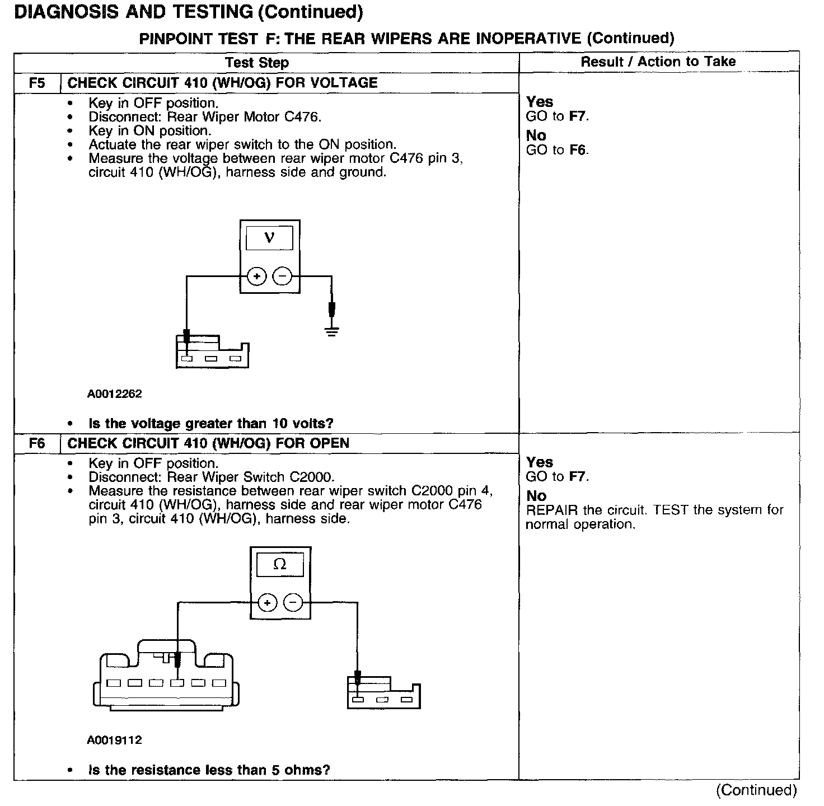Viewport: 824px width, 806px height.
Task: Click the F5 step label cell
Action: coord(36,83)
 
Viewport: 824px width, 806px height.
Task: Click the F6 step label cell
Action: coord(36,443)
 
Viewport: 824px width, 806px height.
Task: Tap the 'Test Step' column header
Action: coord(257,63)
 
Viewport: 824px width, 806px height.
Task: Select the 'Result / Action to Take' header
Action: coord(658,62)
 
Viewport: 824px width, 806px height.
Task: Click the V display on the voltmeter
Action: coord(269,238)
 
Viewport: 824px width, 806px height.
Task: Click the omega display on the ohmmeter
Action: coord(280,565)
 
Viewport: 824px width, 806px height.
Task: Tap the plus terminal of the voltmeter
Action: coord(256,277)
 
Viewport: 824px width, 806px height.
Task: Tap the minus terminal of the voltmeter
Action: coord(282,277)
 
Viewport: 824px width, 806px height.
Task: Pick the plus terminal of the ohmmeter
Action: coord(268,603)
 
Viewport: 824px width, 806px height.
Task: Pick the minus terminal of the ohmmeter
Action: coord(293,603)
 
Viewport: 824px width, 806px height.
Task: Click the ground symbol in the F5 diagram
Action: coord(332,331)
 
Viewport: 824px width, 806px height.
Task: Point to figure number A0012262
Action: coord(114,394)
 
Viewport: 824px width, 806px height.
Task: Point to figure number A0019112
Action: coord(114,740)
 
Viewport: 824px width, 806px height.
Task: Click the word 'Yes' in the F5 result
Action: coord(540,102)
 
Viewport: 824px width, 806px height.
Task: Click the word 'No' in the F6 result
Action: coord(536,496)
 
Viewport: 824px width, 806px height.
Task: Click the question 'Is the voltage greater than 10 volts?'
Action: coord(211,424)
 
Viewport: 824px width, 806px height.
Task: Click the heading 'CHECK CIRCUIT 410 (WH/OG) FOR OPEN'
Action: coord(208,443)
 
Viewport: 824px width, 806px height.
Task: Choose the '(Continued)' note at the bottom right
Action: coord(756,790)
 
